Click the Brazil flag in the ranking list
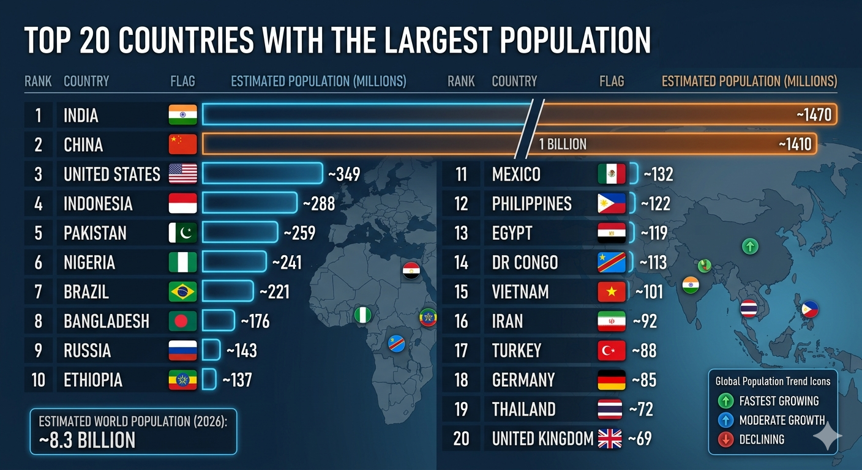[x=182, y=291]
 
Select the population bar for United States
[x=262, y=174]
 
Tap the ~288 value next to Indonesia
[x=318, y=203]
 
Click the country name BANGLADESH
[x=107, y=321]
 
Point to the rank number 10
[x=39, y=380]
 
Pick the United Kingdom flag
[x=610, y=438]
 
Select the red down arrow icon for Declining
[x=725, y=439]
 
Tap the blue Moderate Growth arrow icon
[x=725, y=420]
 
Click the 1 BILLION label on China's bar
[x=563, y=144]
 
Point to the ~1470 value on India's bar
[x=814, y=115]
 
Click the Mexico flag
[x=612, y=174]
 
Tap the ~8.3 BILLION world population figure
[x=87, y=440]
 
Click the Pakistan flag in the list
[x=182, y=233]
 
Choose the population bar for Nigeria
[x=234, y=262]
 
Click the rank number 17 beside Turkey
[x=461, y=351]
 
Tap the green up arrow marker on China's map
[x=750, y=247]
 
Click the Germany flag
[x=612, y=380]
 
